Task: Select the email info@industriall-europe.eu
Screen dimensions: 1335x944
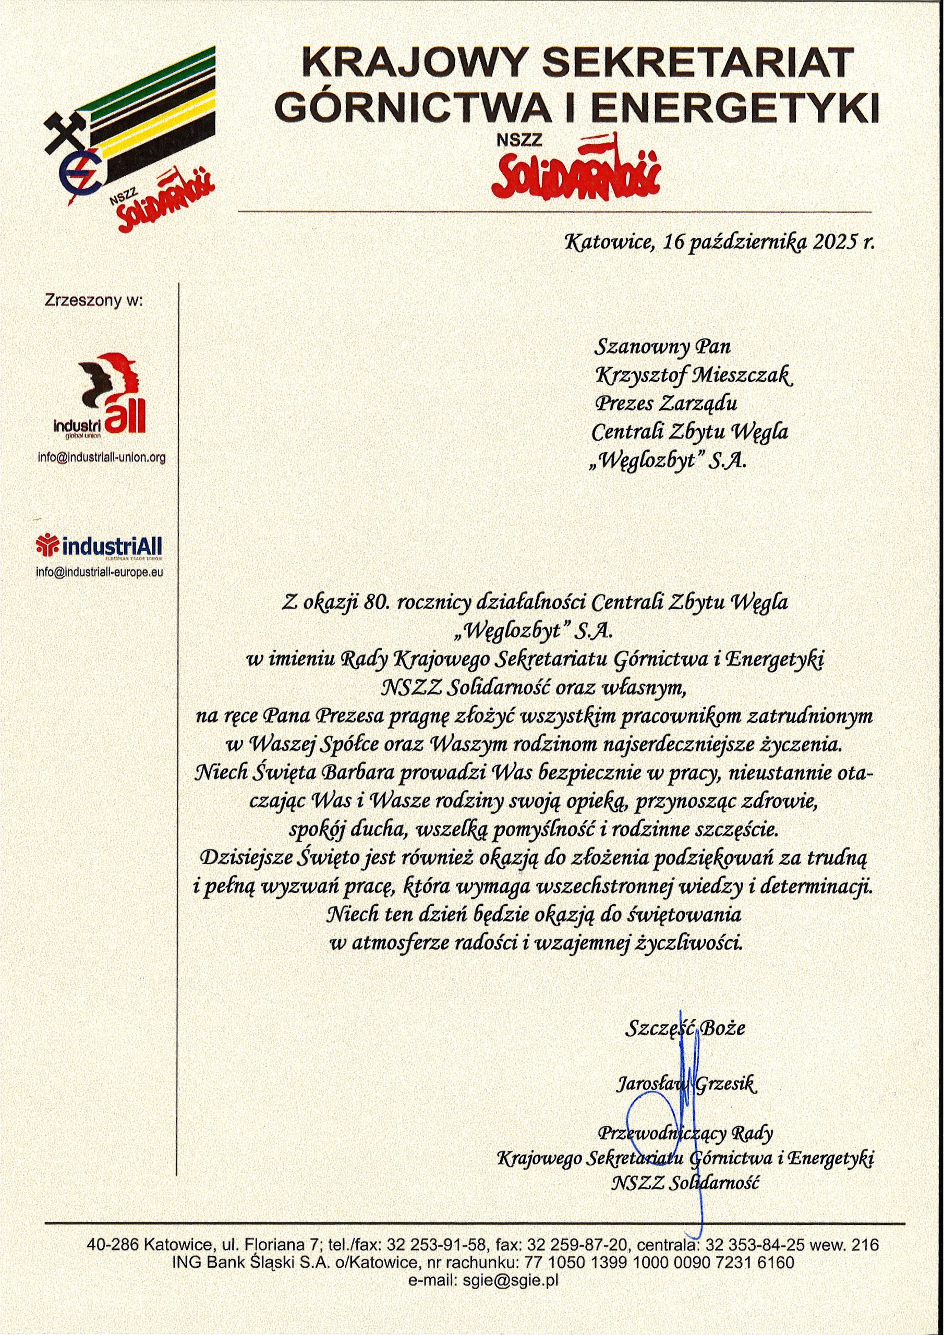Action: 100,572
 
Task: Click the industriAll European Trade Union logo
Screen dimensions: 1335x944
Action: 99,547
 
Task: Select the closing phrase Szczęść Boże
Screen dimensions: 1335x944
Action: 685,1027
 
